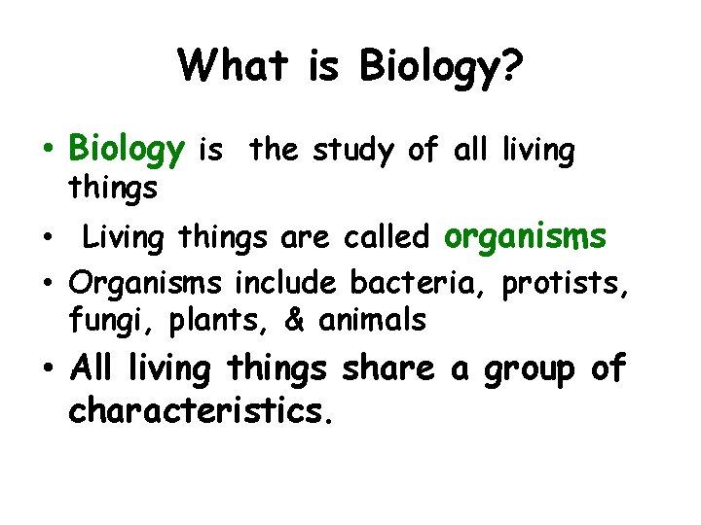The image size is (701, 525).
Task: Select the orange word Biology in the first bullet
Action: (x=127, y=151)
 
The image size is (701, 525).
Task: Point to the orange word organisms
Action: (x=526, y=236)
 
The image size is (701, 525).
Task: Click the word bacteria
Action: (x=420, y=283)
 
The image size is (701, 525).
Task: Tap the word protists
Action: (x=569, y=284)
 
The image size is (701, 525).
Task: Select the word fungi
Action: (x=102, y=319)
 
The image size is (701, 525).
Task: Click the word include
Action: (x=288, y=283)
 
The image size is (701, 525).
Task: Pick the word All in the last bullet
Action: (x=93, y=368)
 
